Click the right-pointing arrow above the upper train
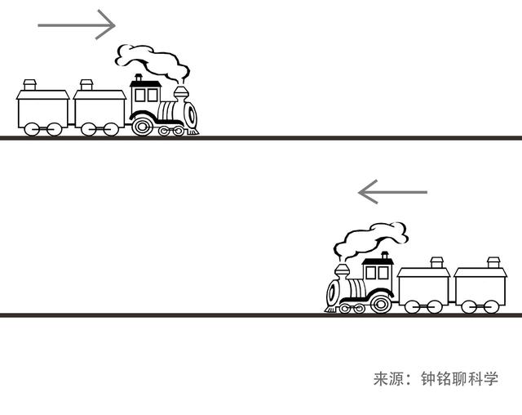pos(77,25)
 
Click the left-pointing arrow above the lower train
pos(392,192)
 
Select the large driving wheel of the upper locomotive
pos(143,126)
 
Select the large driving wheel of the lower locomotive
pos(381,304)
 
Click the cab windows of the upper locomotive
pos(146,96)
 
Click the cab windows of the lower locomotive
pos(377,273)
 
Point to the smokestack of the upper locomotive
pos(181,94)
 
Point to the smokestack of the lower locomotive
pos(343,272)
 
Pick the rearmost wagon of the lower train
pos(480,286)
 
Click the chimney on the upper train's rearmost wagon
pos(29,85)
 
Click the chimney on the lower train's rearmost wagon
pos(493,262)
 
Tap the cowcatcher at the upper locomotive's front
pos(192,132)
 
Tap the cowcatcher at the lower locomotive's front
pos(331,310)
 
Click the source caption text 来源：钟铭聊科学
pos(436,379)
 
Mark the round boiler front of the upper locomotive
pos(191,115)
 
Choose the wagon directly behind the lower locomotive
pos(423,286)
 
